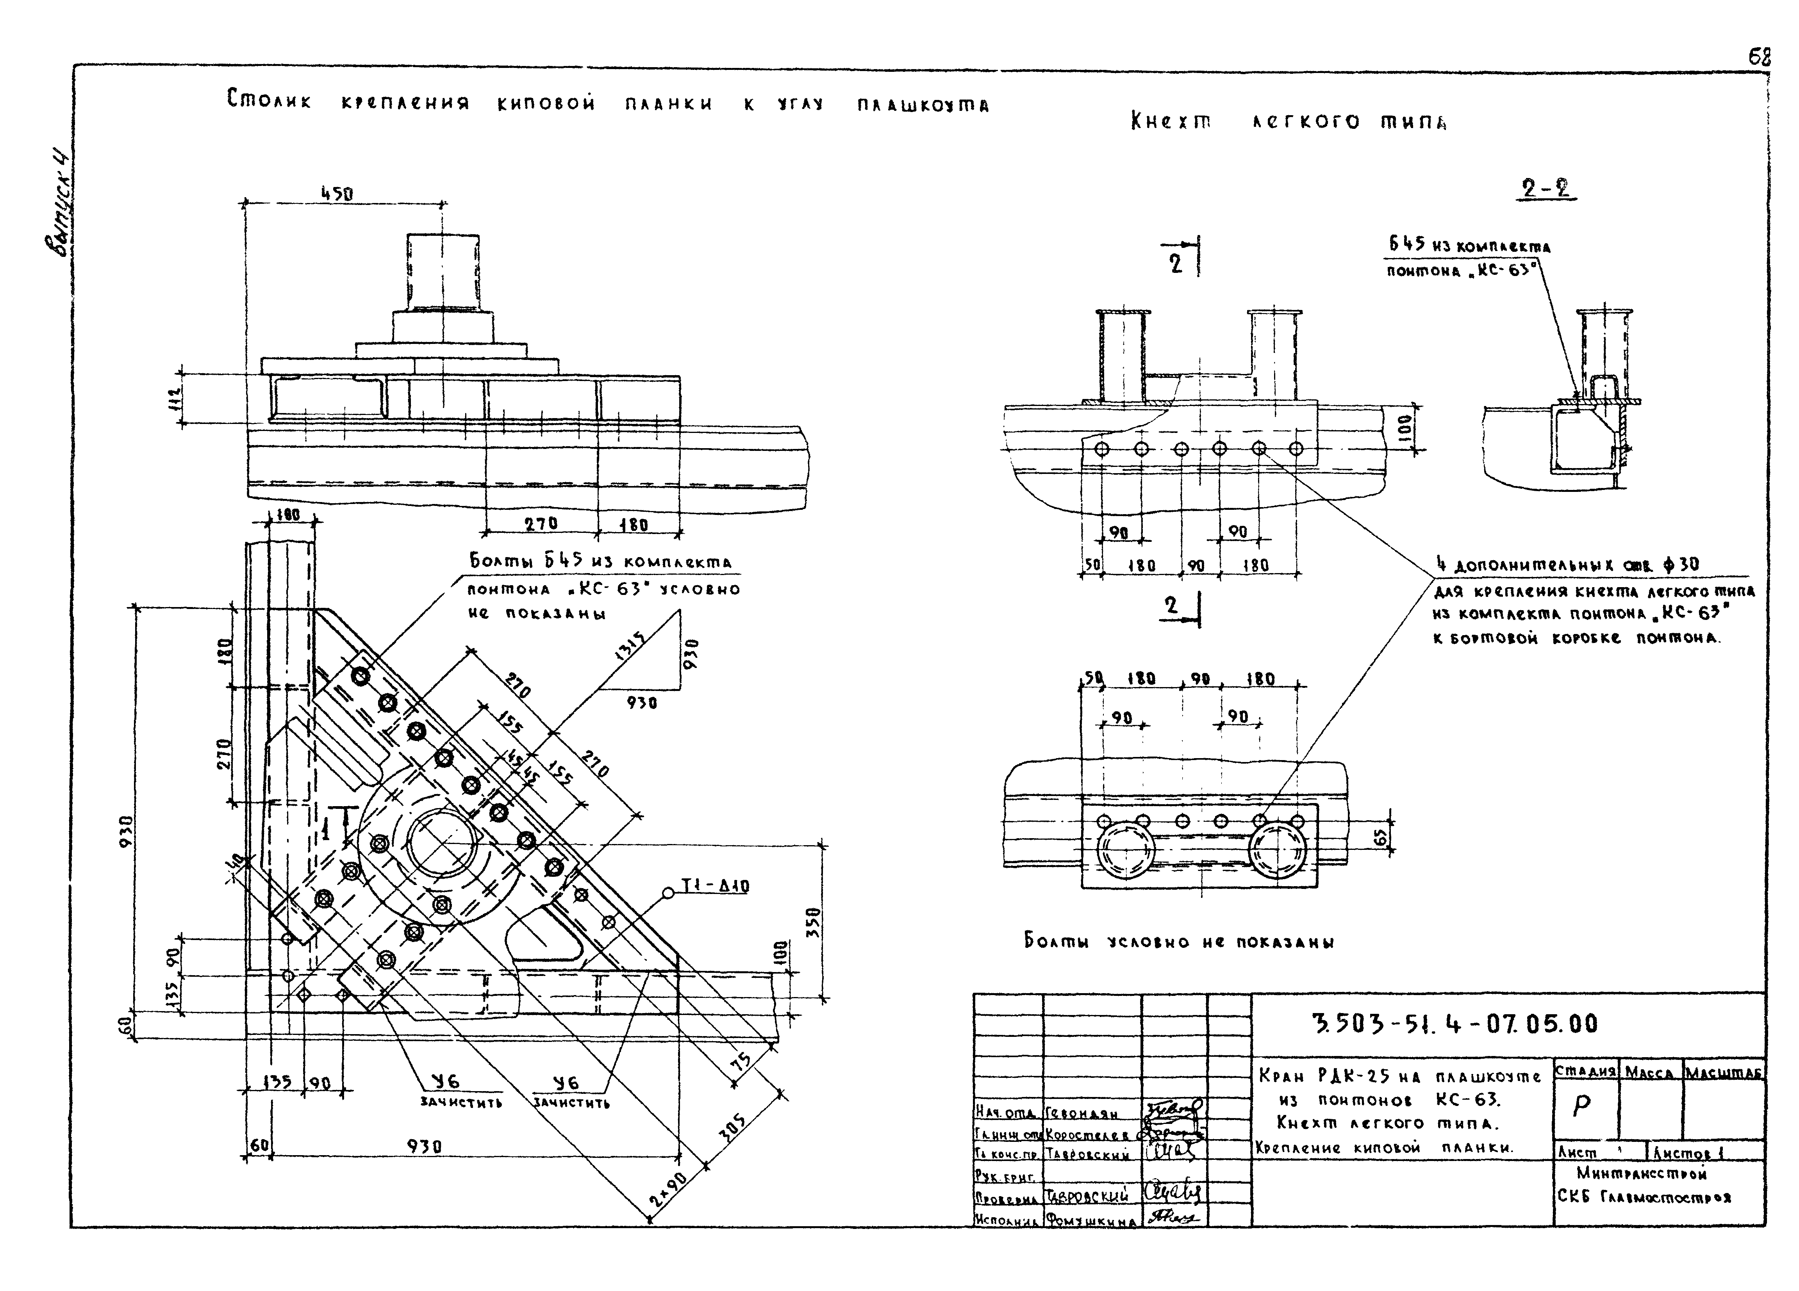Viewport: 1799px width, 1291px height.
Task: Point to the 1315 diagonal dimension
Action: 631,649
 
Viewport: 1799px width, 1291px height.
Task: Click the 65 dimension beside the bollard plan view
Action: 1380,837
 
